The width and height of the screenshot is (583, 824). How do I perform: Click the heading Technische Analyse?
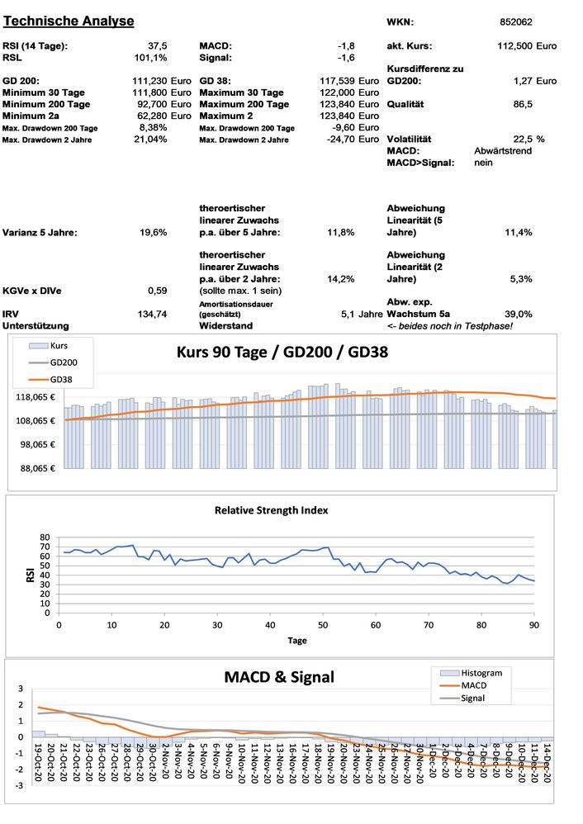(x=69, y=20)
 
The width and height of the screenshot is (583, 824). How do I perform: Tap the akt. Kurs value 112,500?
(x=513, y=45)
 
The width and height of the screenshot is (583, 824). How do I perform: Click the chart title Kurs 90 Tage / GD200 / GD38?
(x=282, y=351)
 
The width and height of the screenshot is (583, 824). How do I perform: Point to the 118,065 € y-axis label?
(x=35, y=397)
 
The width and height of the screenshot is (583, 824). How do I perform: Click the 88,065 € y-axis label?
(x=35, y=468)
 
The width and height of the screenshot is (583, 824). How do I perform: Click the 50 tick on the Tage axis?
(x=323, y=625)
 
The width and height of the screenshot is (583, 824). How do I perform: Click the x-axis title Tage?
(x=297, y=640)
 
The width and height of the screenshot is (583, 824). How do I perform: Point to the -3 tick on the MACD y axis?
(x=21, y=785)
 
